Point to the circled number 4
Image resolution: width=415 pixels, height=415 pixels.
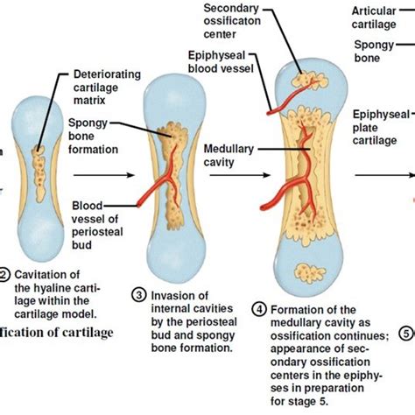pos(259,308)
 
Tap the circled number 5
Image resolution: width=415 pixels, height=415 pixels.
pos(405,332)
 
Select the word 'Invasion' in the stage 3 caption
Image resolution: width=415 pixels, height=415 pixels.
pos(172,295)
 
